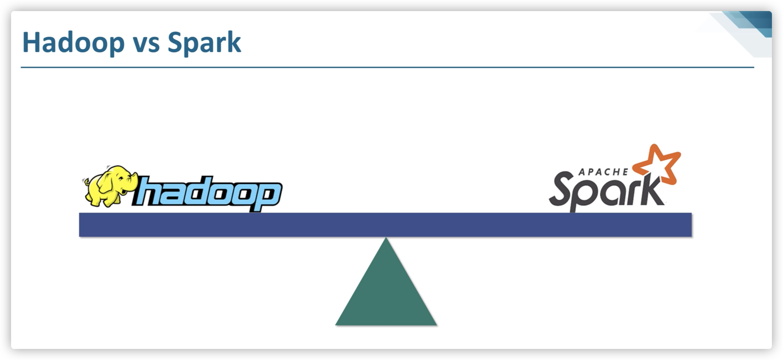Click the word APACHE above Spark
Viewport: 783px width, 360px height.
tap(603, 172)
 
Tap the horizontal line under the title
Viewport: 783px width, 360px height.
tap(388, 67)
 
